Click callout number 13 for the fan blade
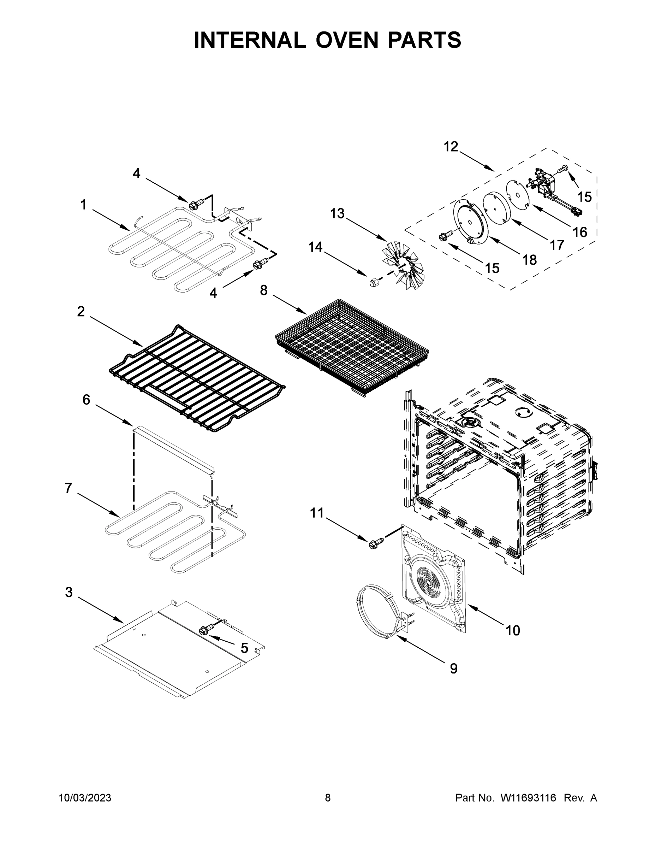pyautogui.click(x=337, y=213)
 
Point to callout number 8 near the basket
pyautogui.click(x=263, y=290)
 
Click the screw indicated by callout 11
pyautogui.click(x=375, y=541)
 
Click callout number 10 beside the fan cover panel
pyautogui.click(x=513, y=631)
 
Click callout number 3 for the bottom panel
pyautogui.click(x=69, y=592)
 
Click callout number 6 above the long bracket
pyautogui.click(x=86, y=400)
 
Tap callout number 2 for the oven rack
pyautogui.click(x=81, y=311)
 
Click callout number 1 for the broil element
pyautogui.click(x=83, y=205)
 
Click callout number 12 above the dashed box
pyautogui.click(x=451, y=147)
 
